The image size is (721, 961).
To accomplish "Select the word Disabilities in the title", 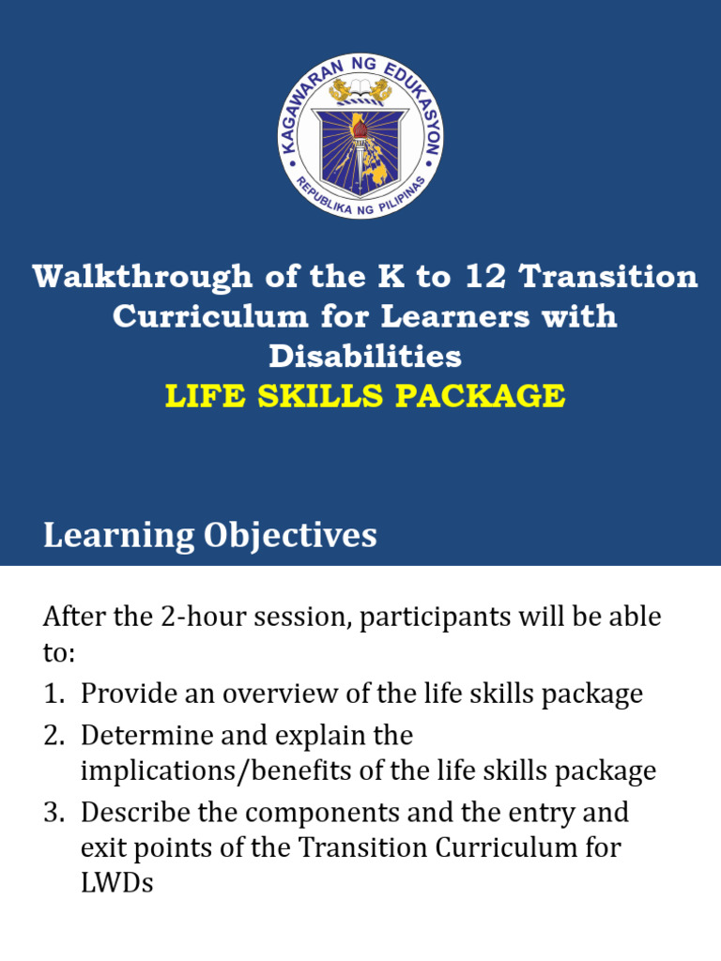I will point(365,356).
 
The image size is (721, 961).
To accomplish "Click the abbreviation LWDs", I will point(116,883).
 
